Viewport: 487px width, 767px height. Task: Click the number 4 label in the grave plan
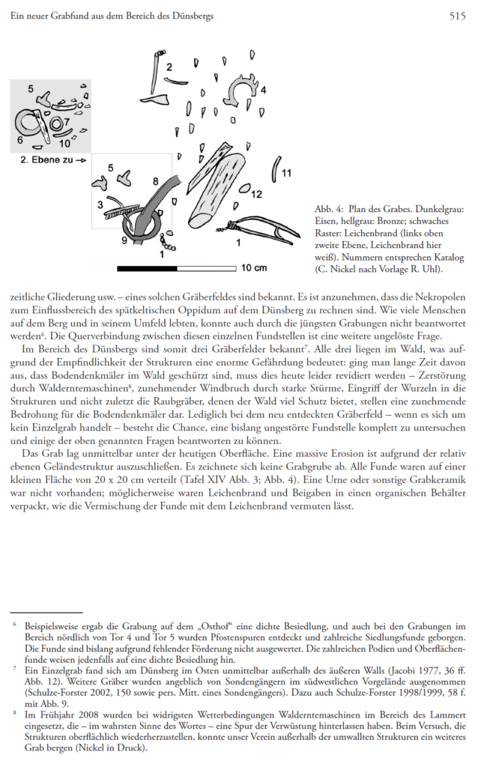tap(263, 91)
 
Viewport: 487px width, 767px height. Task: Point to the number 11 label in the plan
tap(286, 174)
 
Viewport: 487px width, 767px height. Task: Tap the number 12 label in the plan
tap(256, 195)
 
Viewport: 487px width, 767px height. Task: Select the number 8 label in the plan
tap(155, 181)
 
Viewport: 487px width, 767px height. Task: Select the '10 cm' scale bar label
tap(253, 267)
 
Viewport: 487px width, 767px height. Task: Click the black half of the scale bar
tap(146, 267)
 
